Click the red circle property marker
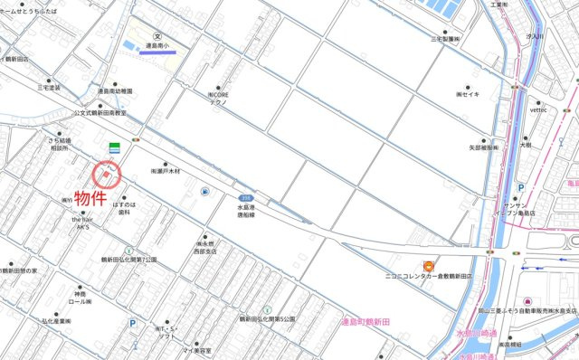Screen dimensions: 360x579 coord(107,172)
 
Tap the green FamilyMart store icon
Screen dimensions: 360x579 coord(115,147)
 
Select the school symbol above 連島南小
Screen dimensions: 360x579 coord(158,36)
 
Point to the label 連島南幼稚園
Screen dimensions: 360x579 coord(113,91)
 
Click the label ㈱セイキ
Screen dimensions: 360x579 coord(471,93)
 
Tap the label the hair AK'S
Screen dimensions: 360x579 coord(82,223)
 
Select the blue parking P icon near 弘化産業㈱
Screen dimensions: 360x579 coord(133,321)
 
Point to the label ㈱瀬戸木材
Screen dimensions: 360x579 coord(166,171)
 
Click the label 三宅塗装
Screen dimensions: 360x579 coord(48,88)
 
